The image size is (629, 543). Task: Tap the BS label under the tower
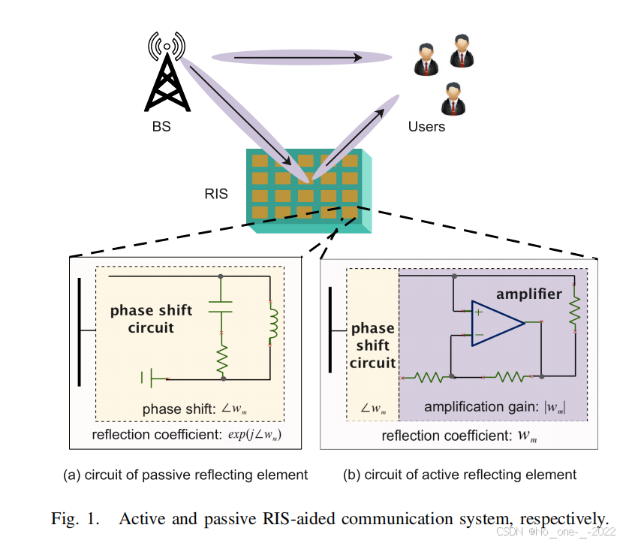point(161,127)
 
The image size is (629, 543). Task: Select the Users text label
point(426,127)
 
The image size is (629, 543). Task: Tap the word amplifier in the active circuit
point(528,294)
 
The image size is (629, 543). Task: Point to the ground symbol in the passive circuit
point(148,378)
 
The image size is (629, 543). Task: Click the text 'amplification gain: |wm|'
point(494,408)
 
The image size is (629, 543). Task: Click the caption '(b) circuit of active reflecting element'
point(459,475)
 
